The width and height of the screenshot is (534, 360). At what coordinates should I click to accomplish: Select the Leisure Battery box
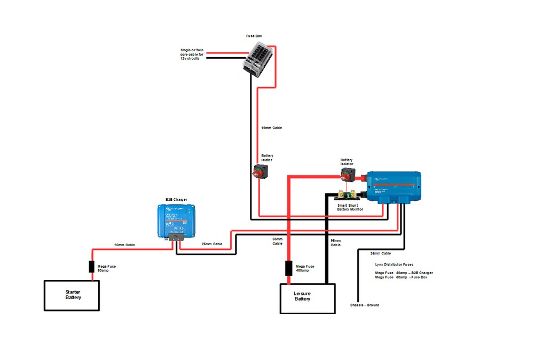308,298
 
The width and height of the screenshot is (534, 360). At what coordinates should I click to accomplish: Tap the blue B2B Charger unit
177,220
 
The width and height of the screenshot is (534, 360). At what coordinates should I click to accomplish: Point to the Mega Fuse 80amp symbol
91,267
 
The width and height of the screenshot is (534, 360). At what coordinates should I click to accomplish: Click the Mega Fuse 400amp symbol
288,268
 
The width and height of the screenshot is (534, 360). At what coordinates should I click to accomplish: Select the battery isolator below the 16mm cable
261,171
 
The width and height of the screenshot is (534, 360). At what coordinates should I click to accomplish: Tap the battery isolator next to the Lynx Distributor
348,174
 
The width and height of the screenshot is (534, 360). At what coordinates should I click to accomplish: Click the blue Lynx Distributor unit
394,187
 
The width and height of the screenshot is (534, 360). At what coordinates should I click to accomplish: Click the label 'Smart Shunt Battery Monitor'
350,207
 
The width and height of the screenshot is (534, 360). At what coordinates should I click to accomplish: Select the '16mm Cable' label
271,128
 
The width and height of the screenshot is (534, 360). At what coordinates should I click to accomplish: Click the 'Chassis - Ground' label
365,305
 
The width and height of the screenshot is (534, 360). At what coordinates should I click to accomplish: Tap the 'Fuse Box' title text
254,36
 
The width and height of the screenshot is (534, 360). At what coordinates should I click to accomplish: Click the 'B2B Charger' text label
176,199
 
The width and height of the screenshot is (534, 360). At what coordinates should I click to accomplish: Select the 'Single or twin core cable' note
193,54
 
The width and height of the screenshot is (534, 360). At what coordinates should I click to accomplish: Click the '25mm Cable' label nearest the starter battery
124,245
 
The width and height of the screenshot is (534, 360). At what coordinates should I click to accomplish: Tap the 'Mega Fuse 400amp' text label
305,269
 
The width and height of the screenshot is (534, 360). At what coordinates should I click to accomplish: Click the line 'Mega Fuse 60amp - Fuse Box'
400,277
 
